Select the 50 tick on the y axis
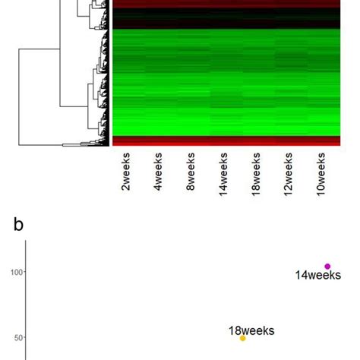(x=16, y=338)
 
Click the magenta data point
(x=327, y=266)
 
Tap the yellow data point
(x=243, y=338)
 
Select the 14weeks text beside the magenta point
(x=318, y=276)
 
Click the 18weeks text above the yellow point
(x=251, y=330)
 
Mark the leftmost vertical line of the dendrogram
(x=20, y=96)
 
